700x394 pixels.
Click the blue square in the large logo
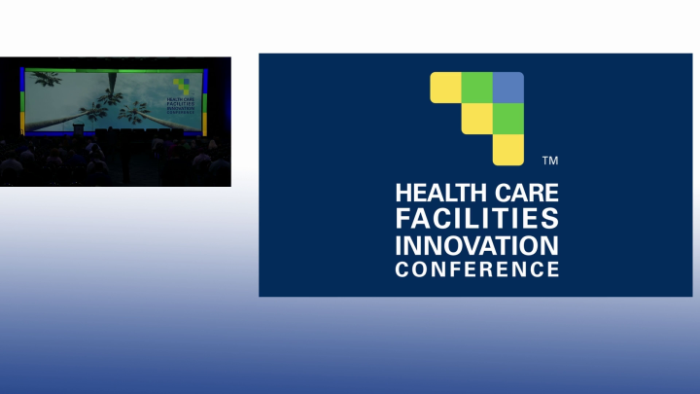[x=508, y=87]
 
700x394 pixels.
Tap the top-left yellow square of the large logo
[x=445, y=87]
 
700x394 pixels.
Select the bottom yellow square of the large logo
[x=508, y=149]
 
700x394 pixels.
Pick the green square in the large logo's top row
[x=476, y=87]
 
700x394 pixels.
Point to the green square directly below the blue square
[x=508, y=118]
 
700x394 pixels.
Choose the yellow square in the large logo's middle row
[x=476, y=118]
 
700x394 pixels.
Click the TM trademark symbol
[x=549, y=160]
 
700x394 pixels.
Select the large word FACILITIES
[x=476, y=218]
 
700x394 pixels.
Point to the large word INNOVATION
[x=476, y=243]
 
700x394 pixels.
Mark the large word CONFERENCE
[x=476, y=268]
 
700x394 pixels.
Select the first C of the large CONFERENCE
[x=402, y=268]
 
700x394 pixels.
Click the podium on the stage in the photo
[x=79, y=128]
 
